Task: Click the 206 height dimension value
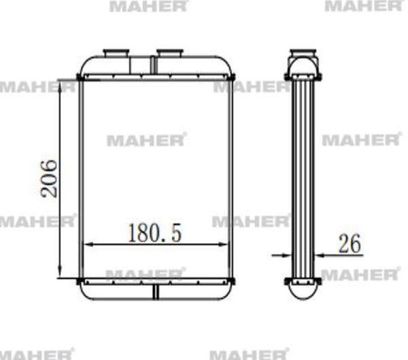click(x=49, y=178)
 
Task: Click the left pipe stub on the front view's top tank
click(x=116, y=53)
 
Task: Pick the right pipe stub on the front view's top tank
click(x=169, y=53)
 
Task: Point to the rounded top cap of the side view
click(x=304, y=67)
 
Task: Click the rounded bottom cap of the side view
click(x=304, y=290)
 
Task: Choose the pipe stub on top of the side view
click(x=304, y=52)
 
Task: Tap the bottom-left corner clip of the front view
click(x=80, y=281)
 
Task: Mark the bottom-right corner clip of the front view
click(x=232, y=281)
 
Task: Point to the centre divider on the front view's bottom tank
click(x=156, y=291)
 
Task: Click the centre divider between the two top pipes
click(x=154, y=65)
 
